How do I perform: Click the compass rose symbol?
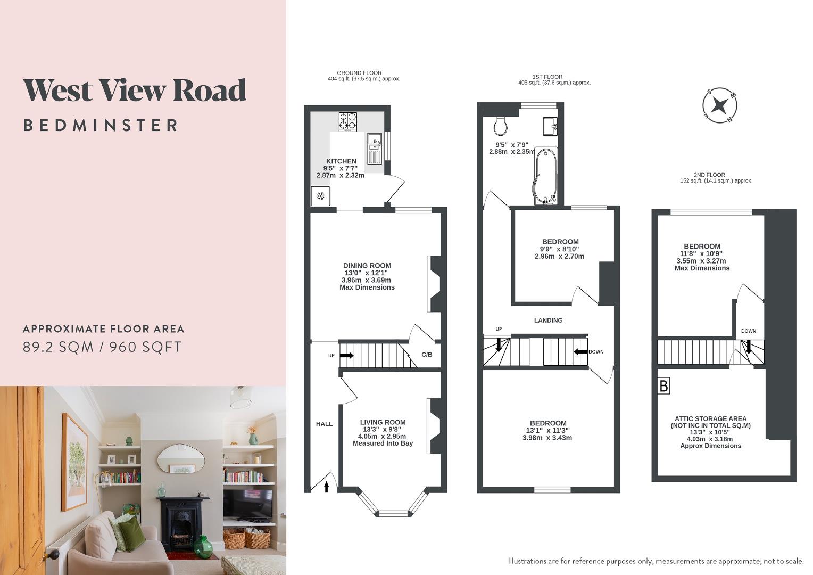click(x=720, y=104)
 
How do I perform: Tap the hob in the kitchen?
click(x=347, y=121)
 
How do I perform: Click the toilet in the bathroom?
click(x=500, y=126)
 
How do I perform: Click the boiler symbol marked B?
click(x=663, y=385)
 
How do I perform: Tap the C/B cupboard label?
click(x=427, y=355)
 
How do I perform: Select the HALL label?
click(x=324, y=424)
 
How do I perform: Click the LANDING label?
click(x=548, y=321)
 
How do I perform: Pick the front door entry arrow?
click(x=327, y=486)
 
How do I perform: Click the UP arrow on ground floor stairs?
click(x=346, y=355)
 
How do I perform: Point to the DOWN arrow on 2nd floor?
click(x=749, y=347)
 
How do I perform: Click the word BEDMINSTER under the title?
click(x=101, y=126)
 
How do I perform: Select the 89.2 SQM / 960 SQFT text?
click(x=102, y=347)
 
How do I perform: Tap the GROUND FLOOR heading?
click(x=359, y=73)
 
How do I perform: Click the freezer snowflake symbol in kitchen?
click(x=321, y=196)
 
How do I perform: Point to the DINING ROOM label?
click(x=367, y=266)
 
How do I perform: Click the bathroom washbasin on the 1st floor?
click(x=550, y=126)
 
